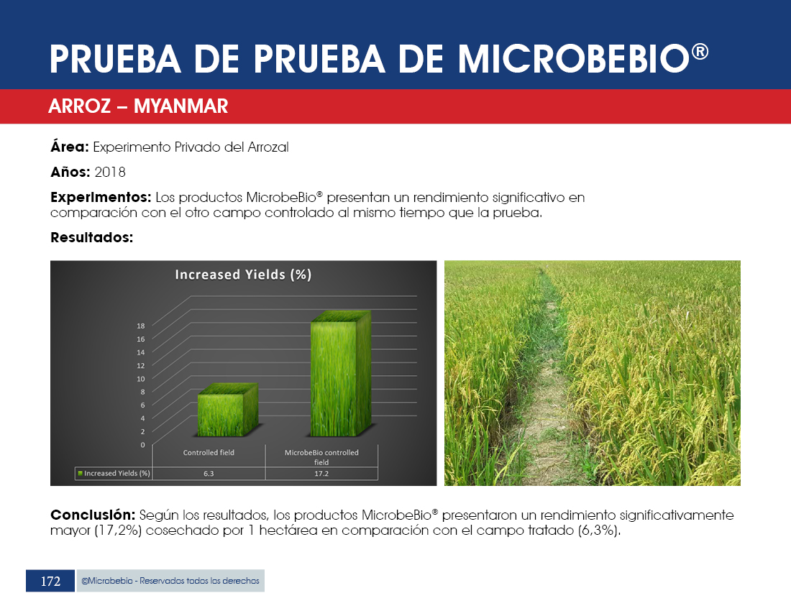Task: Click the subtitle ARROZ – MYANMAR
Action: [x=138, y=106]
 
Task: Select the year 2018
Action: [x=110, y=172]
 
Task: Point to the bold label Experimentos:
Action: [x=101, y=197]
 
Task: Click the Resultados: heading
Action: [x=92, y=237]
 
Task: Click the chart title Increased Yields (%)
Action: [x=243, y=275]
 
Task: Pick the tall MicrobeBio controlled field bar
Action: [x=341, y=374]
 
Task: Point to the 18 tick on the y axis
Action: [x=141, y=326]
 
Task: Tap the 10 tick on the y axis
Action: [x=141, y=379]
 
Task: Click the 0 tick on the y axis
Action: [x=143, y=445]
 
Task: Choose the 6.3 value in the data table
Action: [x=209, y=474]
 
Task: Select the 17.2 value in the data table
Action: [x=321, y=474]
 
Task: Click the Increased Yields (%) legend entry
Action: [x=114, y=474]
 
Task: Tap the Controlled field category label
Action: [x=209, y=453]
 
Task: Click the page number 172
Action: [x=50, y=582]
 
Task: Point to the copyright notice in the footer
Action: [x=170, y=581]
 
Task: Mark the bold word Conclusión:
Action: [x=93, y=515]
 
